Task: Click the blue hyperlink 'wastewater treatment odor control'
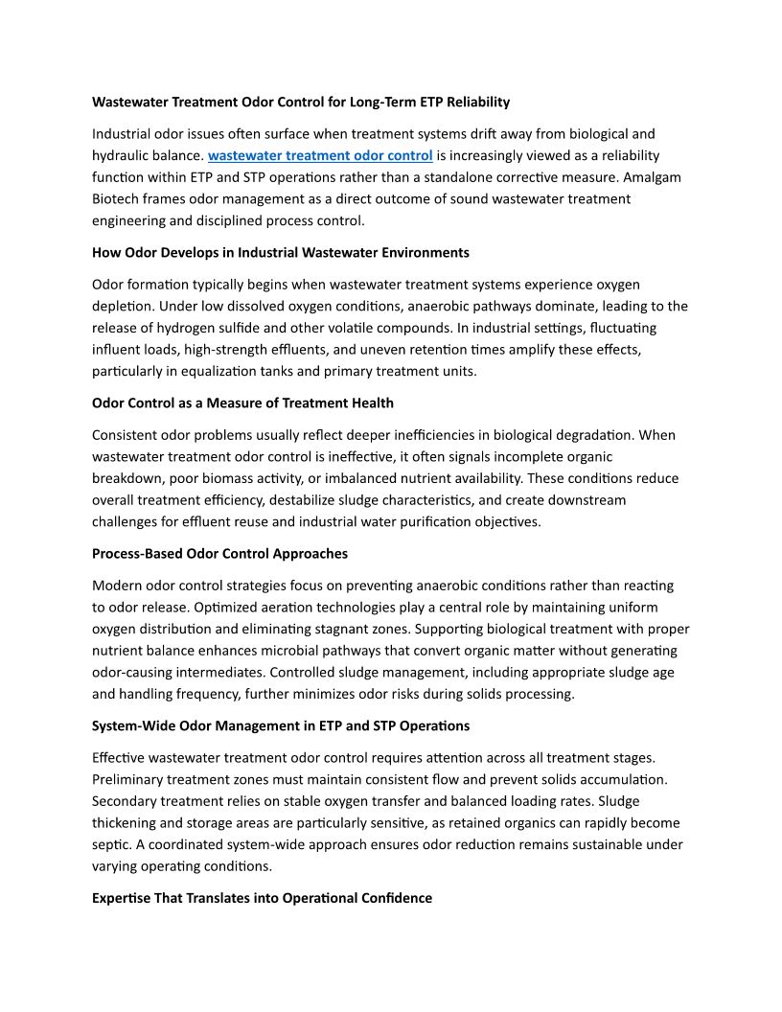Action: [320, 155]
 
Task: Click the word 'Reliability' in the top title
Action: [474, 102]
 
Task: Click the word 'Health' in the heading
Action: [372, 402]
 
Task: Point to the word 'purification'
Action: [443, 521]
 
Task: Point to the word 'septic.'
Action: [113, 844]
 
